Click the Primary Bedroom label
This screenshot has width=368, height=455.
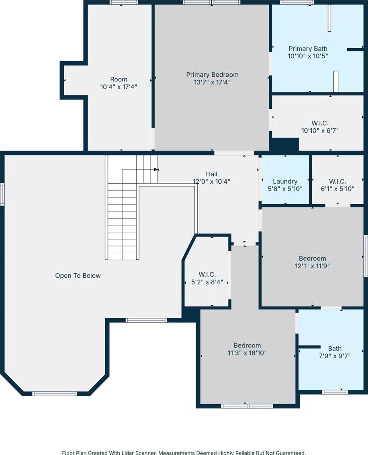coord(212,75)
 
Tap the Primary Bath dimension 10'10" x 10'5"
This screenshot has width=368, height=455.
coord(308,56)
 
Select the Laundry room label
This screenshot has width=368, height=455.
coord(285,181)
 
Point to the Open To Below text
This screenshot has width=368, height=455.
coord(78,276)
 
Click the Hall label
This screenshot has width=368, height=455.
coord(211,174)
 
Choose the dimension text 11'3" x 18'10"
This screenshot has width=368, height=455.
coord(247,353)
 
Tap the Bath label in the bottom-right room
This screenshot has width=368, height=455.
coord(335,348)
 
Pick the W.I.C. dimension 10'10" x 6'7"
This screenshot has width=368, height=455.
coord(320,130)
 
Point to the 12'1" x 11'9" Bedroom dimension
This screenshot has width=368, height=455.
coord(313,266)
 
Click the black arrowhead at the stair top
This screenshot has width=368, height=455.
coord(156,169)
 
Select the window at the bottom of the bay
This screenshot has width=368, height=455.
coord(54,394)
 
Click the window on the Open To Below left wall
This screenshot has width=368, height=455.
coord(2,195)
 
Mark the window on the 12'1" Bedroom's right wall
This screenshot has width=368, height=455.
coord(366,256)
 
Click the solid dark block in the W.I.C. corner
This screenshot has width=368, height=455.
coord(284,144)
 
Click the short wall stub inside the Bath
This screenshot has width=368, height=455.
coord(309,347)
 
